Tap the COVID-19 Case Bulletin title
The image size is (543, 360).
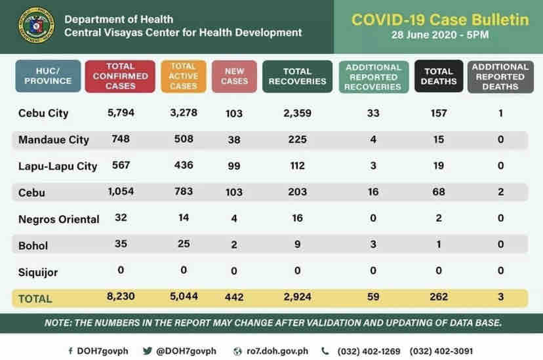pyautogui.click(x=439, y=20)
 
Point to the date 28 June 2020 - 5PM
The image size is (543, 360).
pyautogui.click(x=440, y=35)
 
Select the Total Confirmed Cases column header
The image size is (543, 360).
pyautogui.click(x=120, y=76)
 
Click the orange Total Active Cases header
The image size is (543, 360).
pyautogui.click(x=183, y=76)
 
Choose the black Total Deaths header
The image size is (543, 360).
pyautogui.click(x=439, y=76)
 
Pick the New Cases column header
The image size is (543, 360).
pyautogui.click(x=234, y=76)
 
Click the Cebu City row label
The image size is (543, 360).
pyautogui.click(x=43, y=113)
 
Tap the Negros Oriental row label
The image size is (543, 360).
pyautogui.click(x=59, y=219)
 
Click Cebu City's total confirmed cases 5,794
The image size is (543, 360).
pyautogui.click(x=120, y=113)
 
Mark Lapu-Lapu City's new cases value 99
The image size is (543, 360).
pyautogui.click(x=233, y=166)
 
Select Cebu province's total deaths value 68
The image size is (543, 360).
pyautogui.click(x=439, y=192)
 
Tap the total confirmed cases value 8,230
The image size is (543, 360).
pyautogui.click(x=120, y=297)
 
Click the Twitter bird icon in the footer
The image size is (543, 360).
pyautogui.click(x=148, y=351)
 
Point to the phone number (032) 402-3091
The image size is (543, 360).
pyautogui.click(x=441, y=351)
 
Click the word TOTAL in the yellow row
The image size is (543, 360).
pyautogui.click(x=35, y=298)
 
